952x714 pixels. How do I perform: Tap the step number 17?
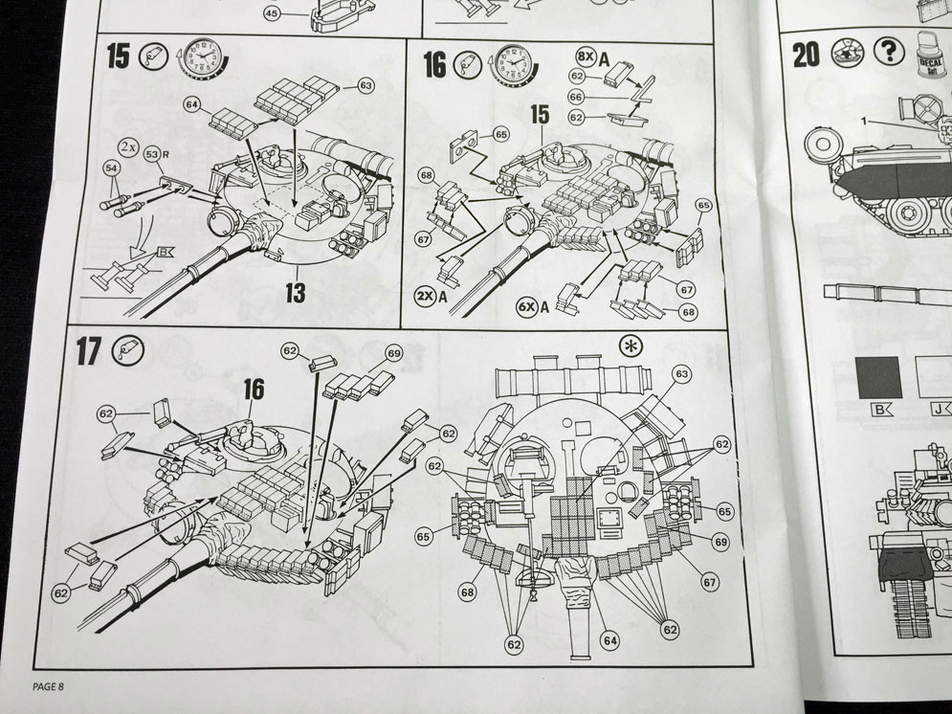click(88, 351)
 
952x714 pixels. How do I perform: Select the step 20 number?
click(806, 55)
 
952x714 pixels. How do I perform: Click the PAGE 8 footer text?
click(48, 685)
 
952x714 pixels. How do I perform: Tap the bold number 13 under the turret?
click(295, 292)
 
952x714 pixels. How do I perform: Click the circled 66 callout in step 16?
click(576, 97)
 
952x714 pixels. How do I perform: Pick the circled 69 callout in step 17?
click(393, 354)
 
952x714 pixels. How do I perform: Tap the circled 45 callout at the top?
click(272, 14)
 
